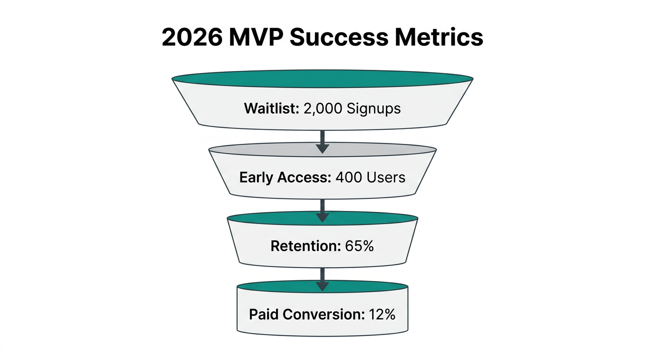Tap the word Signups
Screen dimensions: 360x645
click(x=374, y=109)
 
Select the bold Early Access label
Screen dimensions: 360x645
click(x=285, y=178)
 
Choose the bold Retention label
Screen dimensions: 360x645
click(x=305, y=246)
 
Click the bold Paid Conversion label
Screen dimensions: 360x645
click(x=307, y=314)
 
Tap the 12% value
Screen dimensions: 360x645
click(x=381, y=314)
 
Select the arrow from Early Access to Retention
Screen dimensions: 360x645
click(x=322, y=210)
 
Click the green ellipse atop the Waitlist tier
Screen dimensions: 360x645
click(x=322, y=79)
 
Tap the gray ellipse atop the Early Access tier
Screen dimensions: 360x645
click(x=322, y=150)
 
